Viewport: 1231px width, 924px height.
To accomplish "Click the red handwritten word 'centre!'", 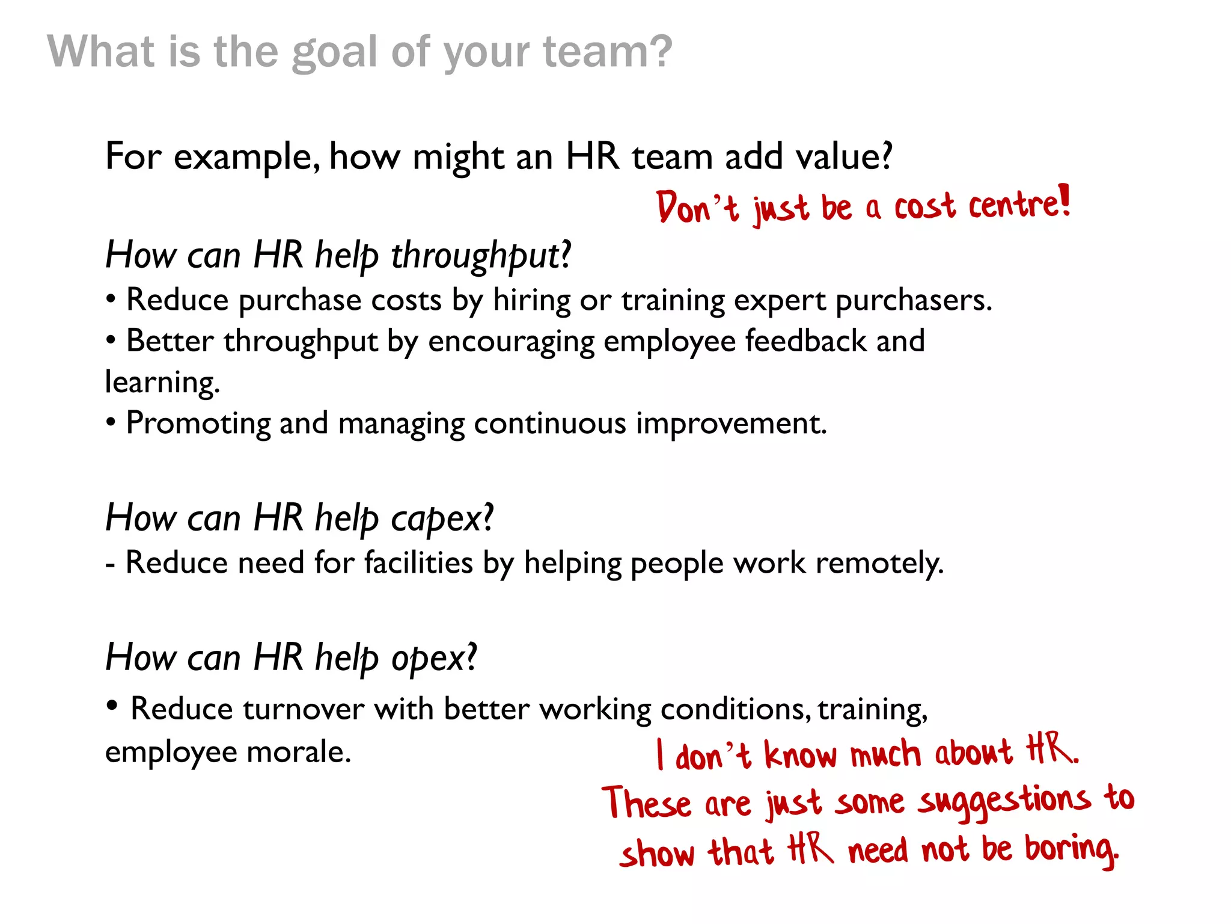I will (x=1019, y=204).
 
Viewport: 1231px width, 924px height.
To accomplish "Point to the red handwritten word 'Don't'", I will (x=696, y=208).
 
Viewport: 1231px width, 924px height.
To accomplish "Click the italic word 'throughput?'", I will (x=481, y=256).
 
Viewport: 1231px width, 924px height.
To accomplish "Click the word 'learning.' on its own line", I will (x=162, y=383).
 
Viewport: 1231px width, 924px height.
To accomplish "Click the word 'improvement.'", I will (x=731, y=423).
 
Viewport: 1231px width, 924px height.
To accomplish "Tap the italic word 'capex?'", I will (x=442, y=519).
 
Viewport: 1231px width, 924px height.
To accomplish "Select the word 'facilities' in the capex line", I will (x=418, y=564).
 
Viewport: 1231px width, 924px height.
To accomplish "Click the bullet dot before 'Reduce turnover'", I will (x=112, y=705).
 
